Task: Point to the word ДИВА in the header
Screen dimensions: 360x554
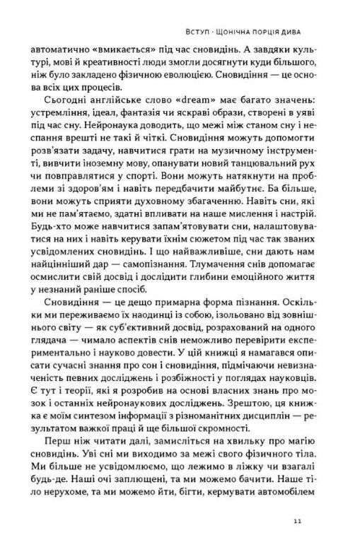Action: pos(307,30)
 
